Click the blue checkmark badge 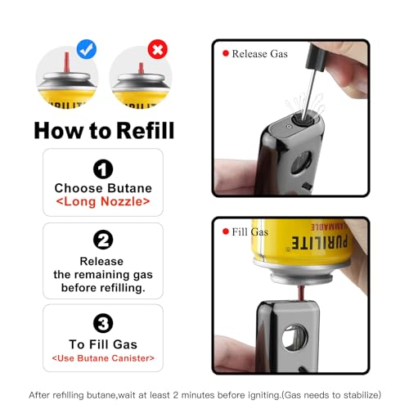tap(87, 49)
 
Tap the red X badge tap(157, 49)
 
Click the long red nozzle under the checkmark tap(66, 63)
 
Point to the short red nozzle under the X tap(141, 68)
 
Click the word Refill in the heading tap(146, 131)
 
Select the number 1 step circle tap(103, 169)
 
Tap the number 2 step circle tap(103, 240)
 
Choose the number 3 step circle tap(103, 323)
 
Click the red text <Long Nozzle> tap(103, 201)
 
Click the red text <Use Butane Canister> tap(103, 358)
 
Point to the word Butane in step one tap(129, 188)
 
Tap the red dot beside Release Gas tap(226, 53)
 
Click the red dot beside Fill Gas tap(226, 231)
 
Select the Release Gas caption tap(259, 54)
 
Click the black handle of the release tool tap(317, 57)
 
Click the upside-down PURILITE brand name tap(320, 242)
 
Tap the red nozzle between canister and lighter tap(302, 293)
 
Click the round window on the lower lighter tap(294, 338)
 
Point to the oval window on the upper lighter tap(301, 163)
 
